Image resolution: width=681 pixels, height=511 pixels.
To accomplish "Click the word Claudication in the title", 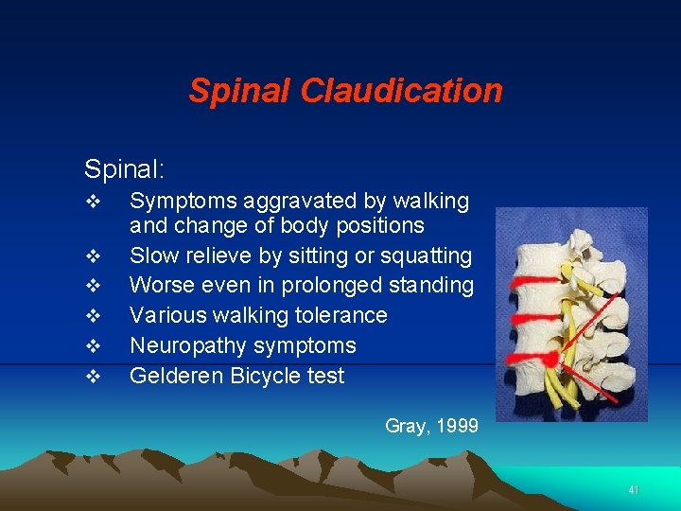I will click(x=401, y=91).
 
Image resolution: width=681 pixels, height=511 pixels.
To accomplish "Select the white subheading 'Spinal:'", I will click(x=125, y=169).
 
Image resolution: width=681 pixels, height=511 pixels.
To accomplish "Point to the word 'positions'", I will click(x=381, y=226).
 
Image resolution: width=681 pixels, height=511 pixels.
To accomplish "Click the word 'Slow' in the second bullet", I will click(x=151, y=256).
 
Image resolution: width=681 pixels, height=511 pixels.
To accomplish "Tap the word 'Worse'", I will click(x=157, y=286).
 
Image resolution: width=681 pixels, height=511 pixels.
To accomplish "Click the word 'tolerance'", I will click(x=341, y=315).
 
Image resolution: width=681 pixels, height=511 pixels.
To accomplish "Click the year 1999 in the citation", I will click(x=457, y=426).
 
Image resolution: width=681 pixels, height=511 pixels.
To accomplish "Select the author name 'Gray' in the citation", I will click(x=405, y=426).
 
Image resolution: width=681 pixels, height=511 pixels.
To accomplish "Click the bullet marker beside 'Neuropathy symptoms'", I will click(x=92, y=346).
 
